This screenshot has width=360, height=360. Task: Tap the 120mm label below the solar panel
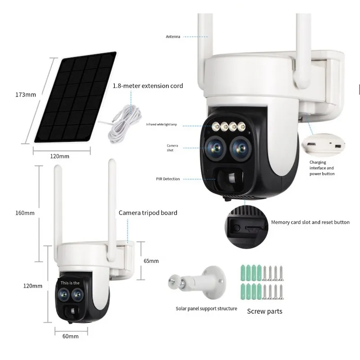[61, 156]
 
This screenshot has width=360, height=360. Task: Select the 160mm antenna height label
[13, 212]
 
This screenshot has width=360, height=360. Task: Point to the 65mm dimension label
[151, 261]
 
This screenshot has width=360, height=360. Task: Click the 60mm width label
[71, 336]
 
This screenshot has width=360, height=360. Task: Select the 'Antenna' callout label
[173, 36]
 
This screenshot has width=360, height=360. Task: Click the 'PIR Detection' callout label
[167, 179]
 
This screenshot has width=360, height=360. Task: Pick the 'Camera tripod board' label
[148, 212]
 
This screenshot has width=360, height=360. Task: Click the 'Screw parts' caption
[265, 311]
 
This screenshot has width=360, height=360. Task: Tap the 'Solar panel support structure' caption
[206, 309]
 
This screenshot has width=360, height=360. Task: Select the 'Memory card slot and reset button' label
[310, 222]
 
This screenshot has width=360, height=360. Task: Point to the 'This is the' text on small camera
[71, 283]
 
